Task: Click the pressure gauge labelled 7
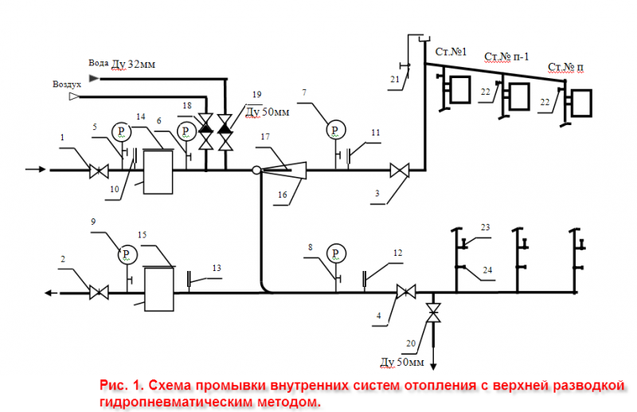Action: tap(335, 130)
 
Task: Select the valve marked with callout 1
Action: tap(99, 171)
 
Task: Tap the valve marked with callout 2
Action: tap(99, 292)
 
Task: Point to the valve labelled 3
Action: tap(400, 171)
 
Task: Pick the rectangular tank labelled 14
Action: tap(158, 171)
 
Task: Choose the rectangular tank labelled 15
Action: tap(159, 288)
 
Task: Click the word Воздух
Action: tap(67, 84)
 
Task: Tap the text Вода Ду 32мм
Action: tap(122, 64)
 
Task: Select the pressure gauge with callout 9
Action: tap(127, 254)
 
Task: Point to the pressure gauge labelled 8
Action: tap(336, 253)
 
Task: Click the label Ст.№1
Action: tap(451, 52)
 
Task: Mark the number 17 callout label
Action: tap(265, 136)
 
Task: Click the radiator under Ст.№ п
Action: tap(581, 103)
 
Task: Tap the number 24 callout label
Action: tap(487, 270)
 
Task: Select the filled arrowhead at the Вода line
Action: tap(94, 77)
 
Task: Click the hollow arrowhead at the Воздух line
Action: tap(74, 96)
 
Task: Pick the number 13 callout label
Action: tap(217, 268)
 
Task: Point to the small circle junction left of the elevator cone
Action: tap(256, 170)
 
